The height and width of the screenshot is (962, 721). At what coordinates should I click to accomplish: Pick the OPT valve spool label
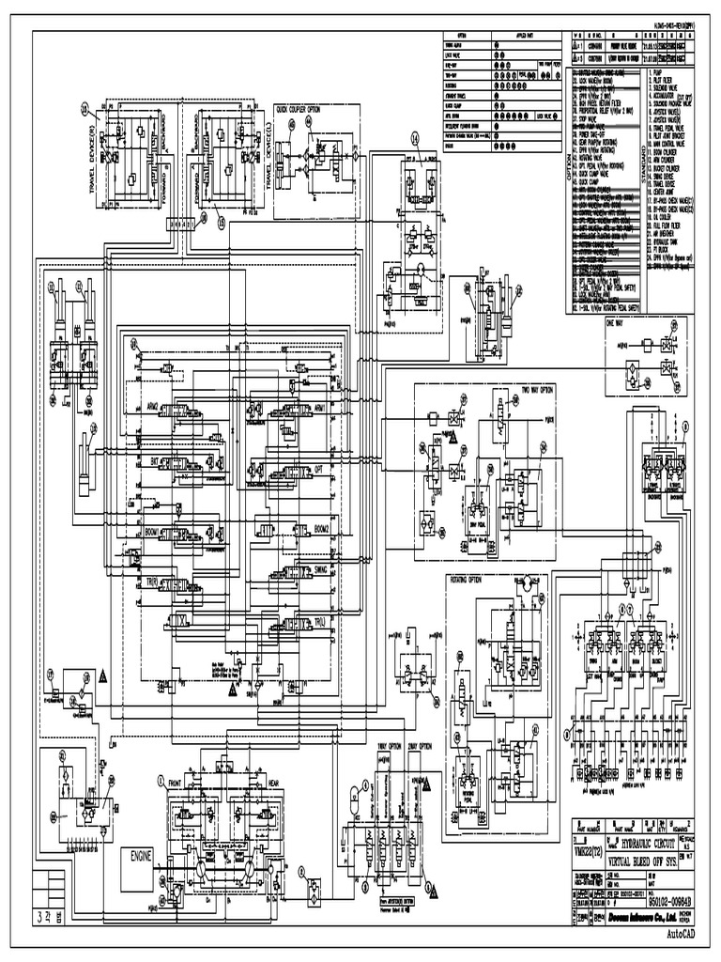tap(318, 467)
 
